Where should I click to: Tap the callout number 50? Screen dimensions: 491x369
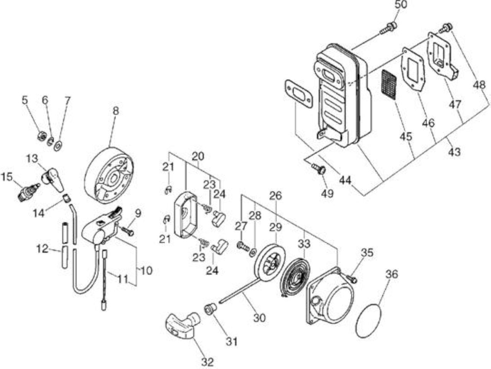pyautogui.click(x=400, y=5)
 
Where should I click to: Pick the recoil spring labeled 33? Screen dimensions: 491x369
pyautogui.click(x=295, y=277)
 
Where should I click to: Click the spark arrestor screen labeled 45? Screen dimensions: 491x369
pyautogui.click(x=389, y=85)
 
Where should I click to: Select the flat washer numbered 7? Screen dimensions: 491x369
pyautogui.click(x=58, y=146)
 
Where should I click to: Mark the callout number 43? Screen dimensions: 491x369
pyautogui.click(x=455, y=152)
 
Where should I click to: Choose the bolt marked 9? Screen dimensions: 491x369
pyautogui.click(x=128, y=231)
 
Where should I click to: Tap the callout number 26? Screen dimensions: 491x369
pyautogui.click(x=275, y=196)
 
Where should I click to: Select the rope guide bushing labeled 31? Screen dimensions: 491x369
pyautogui.click(x=210, y=309)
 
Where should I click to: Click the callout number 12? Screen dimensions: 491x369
pyautogui.click(x=43, y=249)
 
